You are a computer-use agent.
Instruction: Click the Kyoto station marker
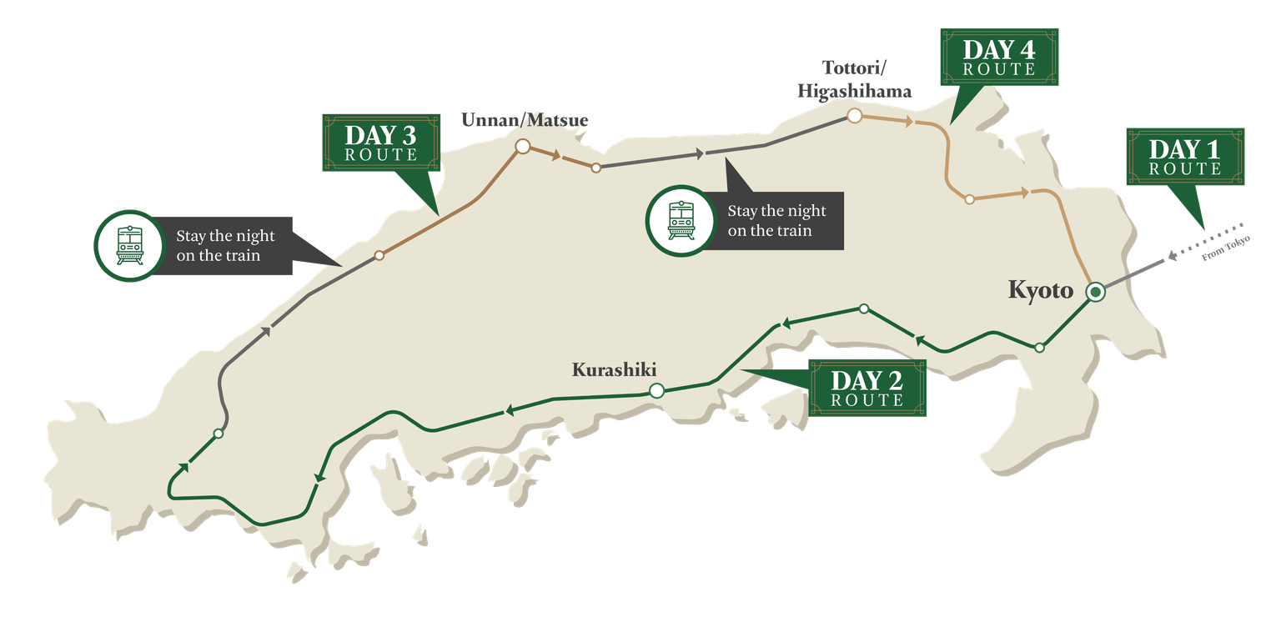[1095, 291]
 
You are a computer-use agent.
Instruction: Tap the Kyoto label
[1040, 291]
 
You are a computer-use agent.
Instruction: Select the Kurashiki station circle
[656, 390]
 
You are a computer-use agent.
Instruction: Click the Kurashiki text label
[615, 369]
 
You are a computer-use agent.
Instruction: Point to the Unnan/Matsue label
[525, 120]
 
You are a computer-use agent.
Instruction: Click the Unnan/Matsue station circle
[523, 147]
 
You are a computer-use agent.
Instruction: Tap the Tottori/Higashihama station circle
[854, 116]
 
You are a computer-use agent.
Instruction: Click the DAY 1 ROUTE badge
[1185, 157]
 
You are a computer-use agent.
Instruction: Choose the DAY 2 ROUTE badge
[867, 388]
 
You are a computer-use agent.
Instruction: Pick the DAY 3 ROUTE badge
[380, 143]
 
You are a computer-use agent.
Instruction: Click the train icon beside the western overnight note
[128, 244]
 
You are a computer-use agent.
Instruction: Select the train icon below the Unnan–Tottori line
[681, 219]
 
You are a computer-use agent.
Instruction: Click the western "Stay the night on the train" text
[225, 246]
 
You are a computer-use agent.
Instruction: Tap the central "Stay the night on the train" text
[776, 221]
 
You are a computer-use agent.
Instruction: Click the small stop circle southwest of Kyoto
[1039, 348]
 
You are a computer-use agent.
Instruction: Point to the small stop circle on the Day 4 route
[969, 199]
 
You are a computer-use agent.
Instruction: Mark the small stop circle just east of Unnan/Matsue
[595, 168]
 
